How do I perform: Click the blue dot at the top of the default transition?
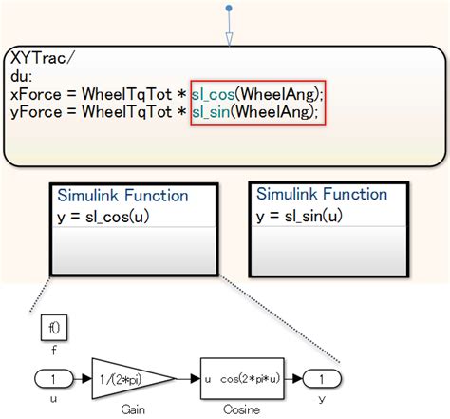[228, 8]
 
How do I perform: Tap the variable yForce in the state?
[35, 112]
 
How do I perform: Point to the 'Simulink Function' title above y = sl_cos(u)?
[123, 195]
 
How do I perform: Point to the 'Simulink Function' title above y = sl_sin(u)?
[323, 194]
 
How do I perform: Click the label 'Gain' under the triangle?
[133, 410]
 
